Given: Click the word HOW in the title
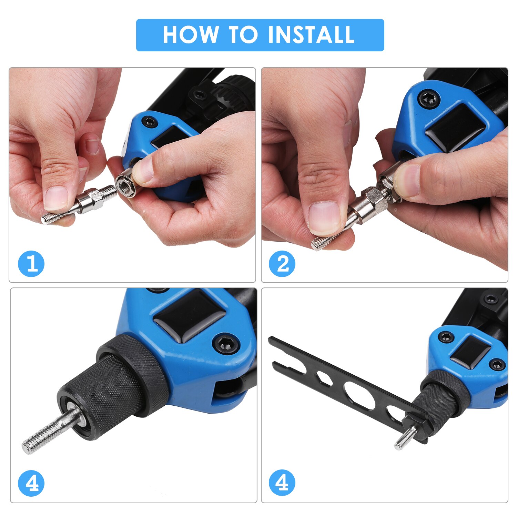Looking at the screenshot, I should point(190,35).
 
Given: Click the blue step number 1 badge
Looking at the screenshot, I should point(31,264).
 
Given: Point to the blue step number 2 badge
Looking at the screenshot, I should point(282,264).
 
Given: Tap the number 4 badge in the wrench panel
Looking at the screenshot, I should point(282,483).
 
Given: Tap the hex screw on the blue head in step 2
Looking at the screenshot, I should point(429,99).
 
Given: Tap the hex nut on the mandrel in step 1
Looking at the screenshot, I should point(97,202).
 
